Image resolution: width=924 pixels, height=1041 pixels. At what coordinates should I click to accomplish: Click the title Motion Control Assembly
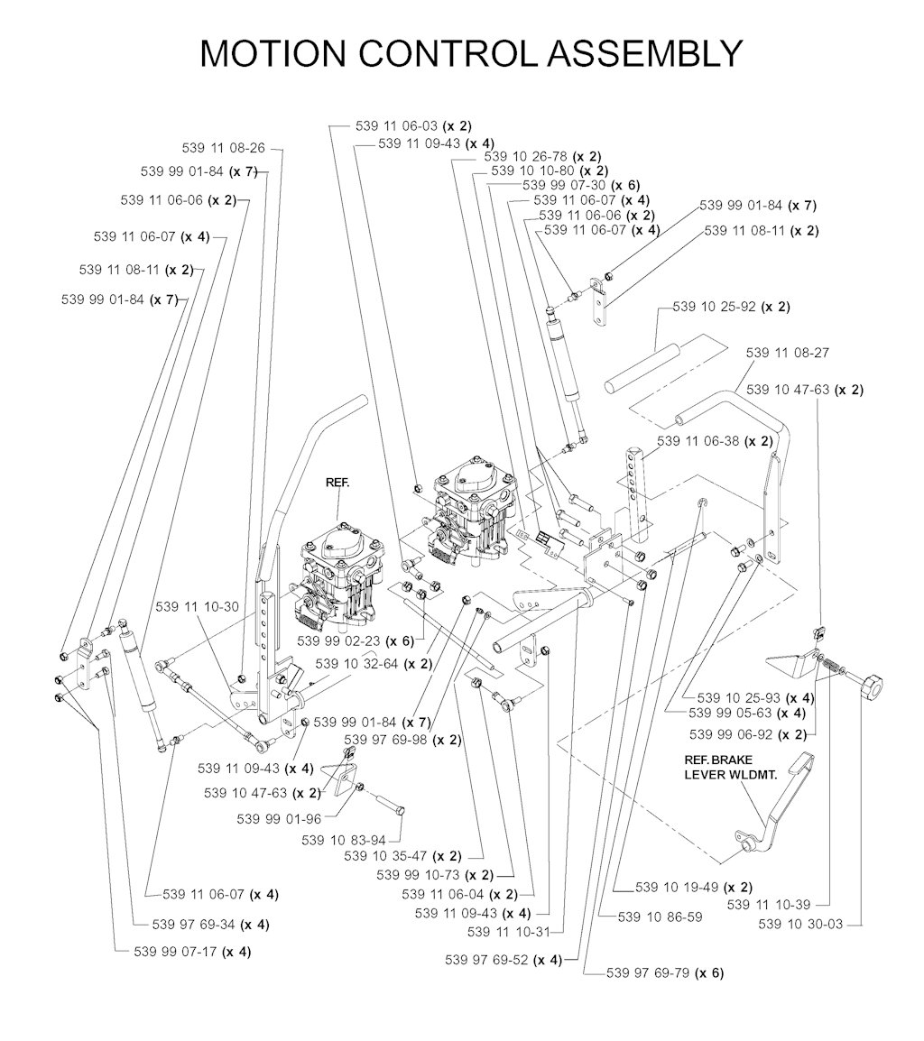[470, 53]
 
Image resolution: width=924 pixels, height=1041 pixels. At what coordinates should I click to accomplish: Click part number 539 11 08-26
[223, 148]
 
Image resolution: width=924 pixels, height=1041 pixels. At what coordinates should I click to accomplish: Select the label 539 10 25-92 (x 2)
[731, 307]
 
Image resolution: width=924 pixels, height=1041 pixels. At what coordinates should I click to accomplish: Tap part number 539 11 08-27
[787, 353]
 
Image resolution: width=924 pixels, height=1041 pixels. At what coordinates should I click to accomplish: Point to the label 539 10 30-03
[800, 924]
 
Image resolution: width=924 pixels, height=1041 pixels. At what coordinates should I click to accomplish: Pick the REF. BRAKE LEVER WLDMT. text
[730, 767]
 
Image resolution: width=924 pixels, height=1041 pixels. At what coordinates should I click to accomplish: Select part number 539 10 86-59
[661, 917]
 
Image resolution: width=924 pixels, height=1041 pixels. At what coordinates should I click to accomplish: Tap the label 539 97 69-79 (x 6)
[665, 972]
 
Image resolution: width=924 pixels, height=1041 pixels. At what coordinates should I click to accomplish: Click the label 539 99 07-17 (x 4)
[192, 952]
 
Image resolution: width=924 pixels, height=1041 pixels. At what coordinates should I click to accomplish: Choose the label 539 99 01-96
[279, 819]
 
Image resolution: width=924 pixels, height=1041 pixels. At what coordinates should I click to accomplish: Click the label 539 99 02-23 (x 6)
[355, 640]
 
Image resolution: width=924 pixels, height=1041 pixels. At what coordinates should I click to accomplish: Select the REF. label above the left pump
[337, 484]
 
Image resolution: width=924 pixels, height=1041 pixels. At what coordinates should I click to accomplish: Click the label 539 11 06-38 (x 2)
[715, 441]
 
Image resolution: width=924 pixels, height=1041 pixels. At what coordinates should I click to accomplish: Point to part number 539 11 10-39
[769, 904]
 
